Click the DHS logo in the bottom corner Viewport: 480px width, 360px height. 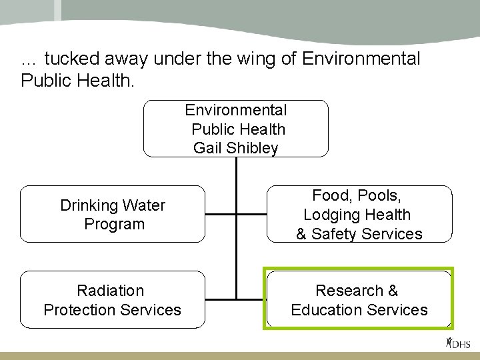click(458, 344)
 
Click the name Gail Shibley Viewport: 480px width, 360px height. click(235, 148)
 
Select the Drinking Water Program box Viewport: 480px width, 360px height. click(113, 214)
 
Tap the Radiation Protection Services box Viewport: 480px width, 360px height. click(113, 299)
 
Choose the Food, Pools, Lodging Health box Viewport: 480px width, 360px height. click(359, 214)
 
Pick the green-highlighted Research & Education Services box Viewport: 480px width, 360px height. click(359, 299)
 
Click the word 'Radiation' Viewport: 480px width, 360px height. click(111, 291)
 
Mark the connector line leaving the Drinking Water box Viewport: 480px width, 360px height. click(220, 215)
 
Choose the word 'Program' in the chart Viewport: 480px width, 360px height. click(114, 224)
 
